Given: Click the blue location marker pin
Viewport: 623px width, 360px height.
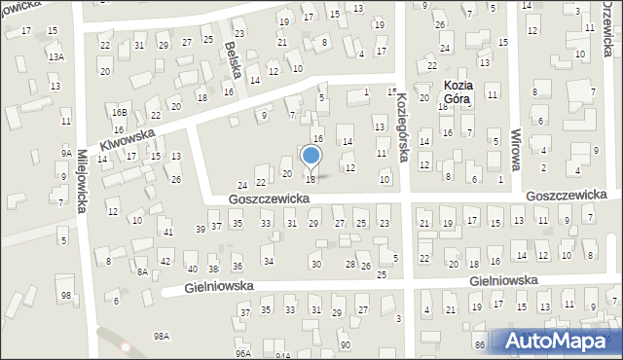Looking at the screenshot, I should pos(311,157).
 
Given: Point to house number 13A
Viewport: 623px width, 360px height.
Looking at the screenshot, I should pos(56,57).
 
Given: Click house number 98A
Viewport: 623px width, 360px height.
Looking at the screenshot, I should pos(162,335).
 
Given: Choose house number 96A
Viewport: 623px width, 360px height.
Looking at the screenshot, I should pos(243,353).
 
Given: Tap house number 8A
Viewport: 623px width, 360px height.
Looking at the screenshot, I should pos(142,272).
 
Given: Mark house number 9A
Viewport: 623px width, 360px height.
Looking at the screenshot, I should pos(66,153).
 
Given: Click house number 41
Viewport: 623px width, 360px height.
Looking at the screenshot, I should pos(167,232).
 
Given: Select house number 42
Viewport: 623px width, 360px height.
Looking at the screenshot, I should pos(166,262).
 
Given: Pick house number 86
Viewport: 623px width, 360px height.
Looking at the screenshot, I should pos(480,345).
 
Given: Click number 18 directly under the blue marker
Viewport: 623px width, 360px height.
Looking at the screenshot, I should pos(311,179).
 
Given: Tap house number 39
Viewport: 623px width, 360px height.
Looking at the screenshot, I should pos(201,229).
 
